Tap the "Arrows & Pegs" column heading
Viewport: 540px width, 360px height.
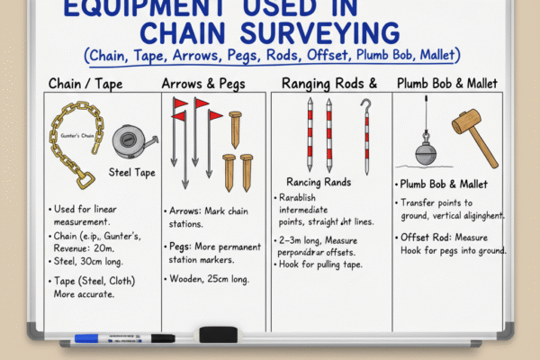[203, 85]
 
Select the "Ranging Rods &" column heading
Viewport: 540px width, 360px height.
[328, 85]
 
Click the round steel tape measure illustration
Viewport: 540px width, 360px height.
[128, 141]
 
